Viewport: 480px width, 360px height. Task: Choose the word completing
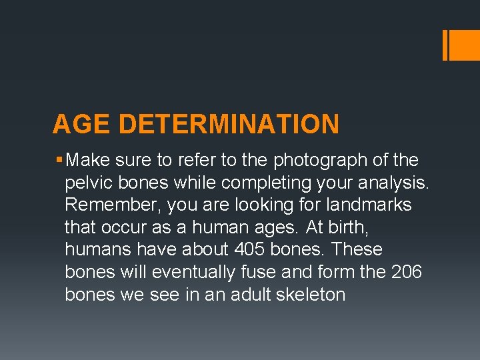(258, 183)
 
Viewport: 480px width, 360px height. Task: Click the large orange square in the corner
(465, 45)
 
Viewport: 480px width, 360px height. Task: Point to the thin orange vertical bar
(445, 45)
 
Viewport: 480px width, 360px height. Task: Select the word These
(357, 249)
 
